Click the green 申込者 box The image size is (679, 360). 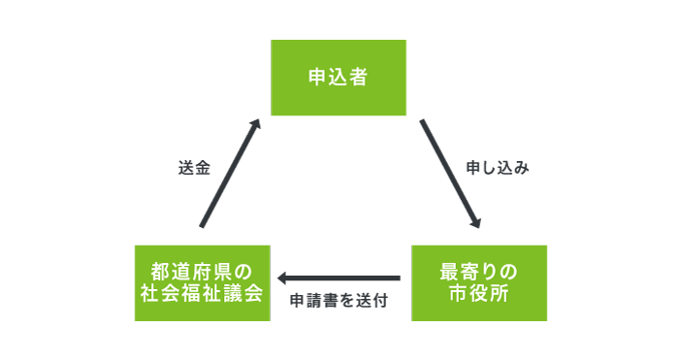click(x=338, y=79)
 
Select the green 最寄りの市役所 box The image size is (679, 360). click(x=479, y=282)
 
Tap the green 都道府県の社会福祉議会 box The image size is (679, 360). click(x=201, y=282)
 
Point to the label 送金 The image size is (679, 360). click(x=194, y=167)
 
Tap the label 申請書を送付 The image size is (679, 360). click(x=339, y=301)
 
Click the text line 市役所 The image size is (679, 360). click(x=479, y=293)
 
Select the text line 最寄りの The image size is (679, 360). click(x=479, y=271)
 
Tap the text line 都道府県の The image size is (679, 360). click(x=201, y=271)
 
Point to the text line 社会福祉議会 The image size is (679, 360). click(x=201, y=293)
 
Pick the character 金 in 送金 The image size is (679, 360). click(x=203, y=167)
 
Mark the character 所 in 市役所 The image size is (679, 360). click(x=500, y=293)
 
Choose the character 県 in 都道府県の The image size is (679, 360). click(x=220, y=271)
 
